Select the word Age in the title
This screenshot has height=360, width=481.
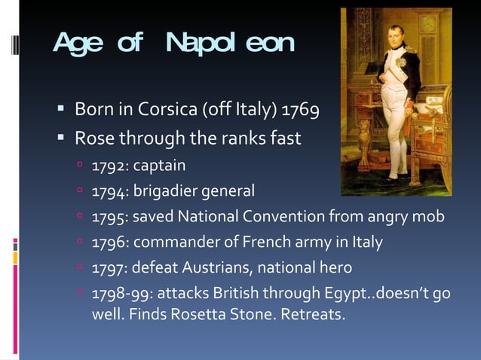(x=79, y=44)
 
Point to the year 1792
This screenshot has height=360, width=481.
(x=108, y=165)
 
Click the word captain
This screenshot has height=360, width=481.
(x=158, y=165)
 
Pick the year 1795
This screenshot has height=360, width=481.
(x=108, y=217)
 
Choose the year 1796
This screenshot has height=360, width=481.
(x=108, y=243)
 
